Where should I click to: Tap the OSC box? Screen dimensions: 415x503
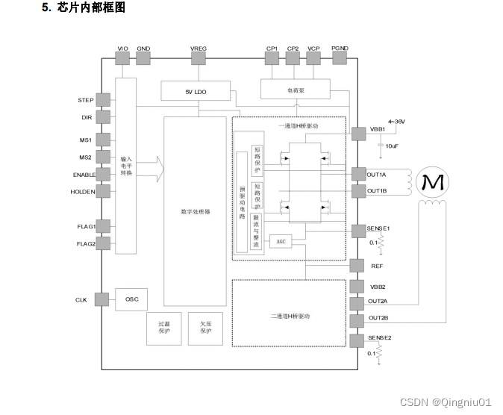(x=131, y=299)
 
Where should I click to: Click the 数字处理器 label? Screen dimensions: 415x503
(x=196, y=212)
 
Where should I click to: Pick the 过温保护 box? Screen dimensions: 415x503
(x=164, y=328)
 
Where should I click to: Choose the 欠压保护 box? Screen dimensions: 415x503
(x=205, y=328)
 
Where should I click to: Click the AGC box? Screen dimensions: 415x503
(x=281, y=241)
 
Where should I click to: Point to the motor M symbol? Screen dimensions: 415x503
(x=432, y=181)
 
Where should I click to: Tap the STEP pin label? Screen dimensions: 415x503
(x=86, y=100)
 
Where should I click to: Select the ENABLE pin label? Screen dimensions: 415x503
(x=84, y=175)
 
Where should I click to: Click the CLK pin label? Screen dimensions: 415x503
(x=81, y=299)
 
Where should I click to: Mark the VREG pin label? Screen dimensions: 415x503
(x=199, y=49)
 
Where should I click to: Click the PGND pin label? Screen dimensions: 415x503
(x=340, y=49)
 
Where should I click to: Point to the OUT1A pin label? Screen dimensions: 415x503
(x=377, y=174)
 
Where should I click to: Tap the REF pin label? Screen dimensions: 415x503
(x=377, y=266)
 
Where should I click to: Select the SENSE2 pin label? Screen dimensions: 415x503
(x=379, y=338)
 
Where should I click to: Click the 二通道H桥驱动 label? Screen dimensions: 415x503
(x=290, y=316)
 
